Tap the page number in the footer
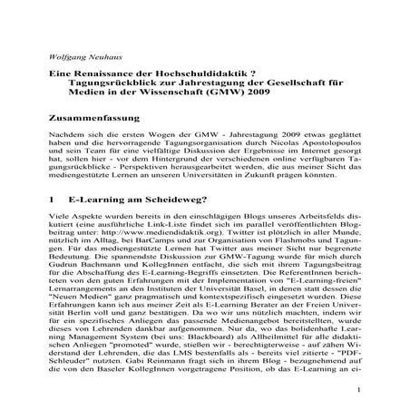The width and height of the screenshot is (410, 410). click(359, 392)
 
